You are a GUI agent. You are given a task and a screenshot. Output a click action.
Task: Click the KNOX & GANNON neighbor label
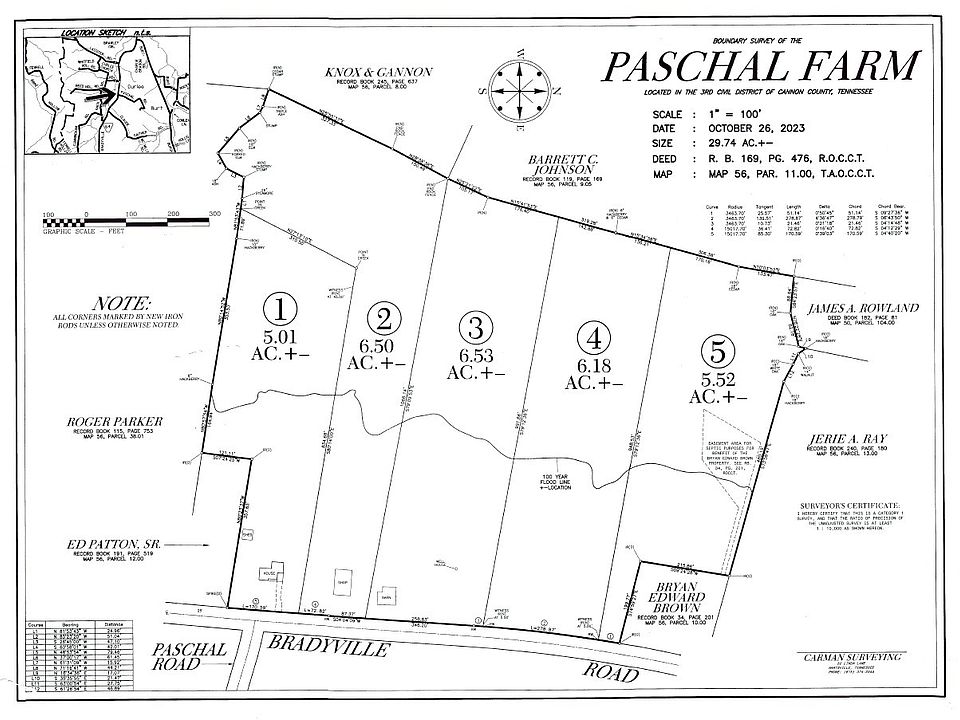pyautogui.click(x=378, y=72)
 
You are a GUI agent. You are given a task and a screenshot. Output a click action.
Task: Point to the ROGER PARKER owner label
pyautogui.click(x=116, y=422)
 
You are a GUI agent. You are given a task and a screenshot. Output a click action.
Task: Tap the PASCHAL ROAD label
pyautogui.click(x=190, y=658)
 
